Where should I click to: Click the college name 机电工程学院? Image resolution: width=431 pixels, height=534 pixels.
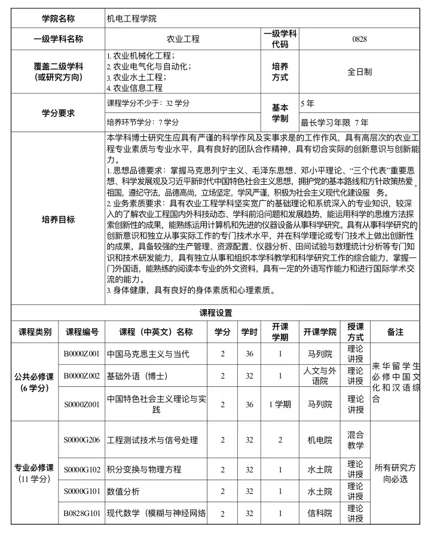pyautogui.click(x=131, y=19)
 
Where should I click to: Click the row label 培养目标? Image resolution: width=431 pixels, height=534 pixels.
pyautogui.click(x=59, y=219)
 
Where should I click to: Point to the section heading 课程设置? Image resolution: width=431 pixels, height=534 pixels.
pyautogui.click(x=216, y=313)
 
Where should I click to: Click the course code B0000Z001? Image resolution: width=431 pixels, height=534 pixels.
pyautogui.click(x=82, y=354)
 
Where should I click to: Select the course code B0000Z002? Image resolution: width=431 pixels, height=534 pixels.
pyautogui.click(x=82, y=376)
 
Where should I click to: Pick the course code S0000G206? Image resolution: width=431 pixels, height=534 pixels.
pyautogui.click(x=82, y=440)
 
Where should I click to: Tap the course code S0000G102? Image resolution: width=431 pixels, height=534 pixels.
pyautogui.click(x=82, y=469)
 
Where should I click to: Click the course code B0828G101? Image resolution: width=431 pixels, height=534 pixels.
pyautogui.click(x=82, y=513)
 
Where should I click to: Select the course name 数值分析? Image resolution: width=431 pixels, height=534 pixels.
pyautogui.click(x=123, y=492)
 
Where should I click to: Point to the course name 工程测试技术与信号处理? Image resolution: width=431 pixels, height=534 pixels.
pyautogui.click(x=152, y=440)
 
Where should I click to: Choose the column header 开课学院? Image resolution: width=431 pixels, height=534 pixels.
pyautogui.click(x=320, y=332)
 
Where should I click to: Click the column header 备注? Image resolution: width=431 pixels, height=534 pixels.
pyautogui.click(x=395, y=332)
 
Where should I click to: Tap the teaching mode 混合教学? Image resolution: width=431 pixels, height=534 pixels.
pyautogui.click(x=355, y=440)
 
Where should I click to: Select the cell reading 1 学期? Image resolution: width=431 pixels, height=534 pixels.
pyautogui.click(x=280, y=404)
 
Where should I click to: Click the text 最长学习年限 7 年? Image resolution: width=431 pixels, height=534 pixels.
pyautogui.click(x=334, y=122)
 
